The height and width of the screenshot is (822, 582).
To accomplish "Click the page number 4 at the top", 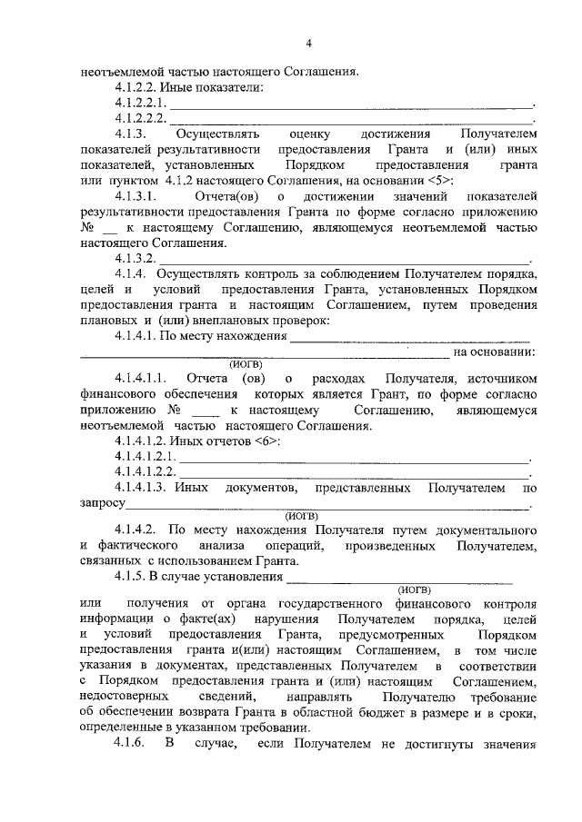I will (x=308, y=43).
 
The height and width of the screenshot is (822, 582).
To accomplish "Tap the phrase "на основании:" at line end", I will (x=494, y=352).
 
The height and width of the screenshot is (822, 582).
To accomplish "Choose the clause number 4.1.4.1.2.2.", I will (x=145, y=472).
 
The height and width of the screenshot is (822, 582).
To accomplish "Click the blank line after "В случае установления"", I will (x=400, y=578).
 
